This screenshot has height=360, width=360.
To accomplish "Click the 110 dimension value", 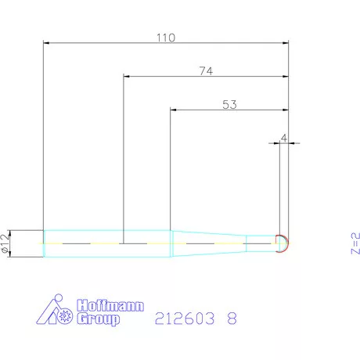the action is click(166, 38).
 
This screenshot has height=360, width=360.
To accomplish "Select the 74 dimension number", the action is click(206, 71).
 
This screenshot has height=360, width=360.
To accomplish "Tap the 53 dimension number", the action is click(229, 104).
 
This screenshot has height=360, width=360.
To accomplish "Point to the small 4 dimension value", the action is click(284, 138).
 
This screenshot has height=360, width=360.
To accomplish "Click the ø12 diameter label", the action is click(5, 243).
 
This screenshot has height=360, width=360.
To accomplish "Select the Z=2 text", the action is click(355, 243).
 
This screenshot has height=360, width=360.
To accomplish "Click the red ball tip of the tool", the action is click(286, 243).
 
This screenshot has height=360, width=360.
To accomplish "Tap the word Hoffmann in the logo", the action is click(110, 305).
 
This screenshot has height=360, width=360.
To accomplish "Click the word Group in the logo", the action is click(98, 319).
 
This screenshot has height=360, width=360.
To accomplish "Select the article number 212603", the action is click(185, 319).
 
